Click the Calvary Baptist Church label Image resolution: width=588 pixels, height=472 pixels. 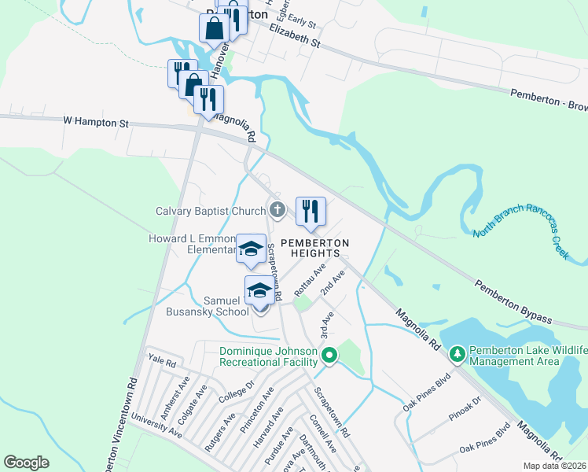(x=211, y=211)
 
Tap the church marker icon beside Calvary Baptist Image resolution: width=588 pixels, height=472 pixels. (x=277, y=210)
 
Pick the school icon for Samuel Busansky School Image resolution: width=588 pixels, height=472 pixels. (x=259, y=291)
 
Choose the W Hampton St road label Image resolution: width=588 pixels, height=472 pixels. (x=96, y=123)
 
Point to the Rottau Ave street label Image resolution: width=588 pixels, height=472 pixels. (x=311, y=281)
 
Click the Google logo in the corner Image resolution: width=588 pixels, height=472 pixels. (x=26, y=463)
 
